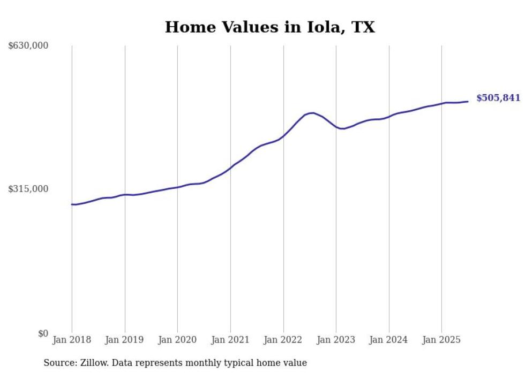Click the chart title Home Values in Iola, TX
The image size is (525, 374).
tap(269, 27)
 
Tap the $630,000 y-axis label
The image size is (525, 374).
tap(28, 46)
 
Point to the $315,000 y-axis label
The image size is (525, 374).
tap(28, 189)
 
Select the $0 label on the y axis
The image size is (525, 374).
tap(43, 333)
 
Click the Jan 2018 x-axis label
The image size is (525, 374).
tap(72, 340)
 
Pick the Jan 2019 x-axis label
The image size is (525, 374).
tap(125, 340)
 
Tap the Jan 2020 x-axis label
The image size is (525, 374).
tap(177, 340)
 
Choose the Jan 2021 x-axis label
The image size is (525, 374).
tap(230, 340)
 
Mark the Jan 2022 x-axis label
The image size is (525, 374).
tap(283, 340)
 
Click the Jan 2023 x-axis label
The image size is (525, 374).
tap(336, 340)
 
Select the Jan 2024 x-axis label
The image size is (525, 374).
tap(389, 340)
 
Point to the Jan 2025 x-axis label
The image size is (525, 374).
tap(441, 340)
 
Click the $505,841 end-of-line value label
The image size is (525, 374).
tap(498, 98)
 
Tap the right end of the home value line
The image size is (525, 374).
tap(468, 101)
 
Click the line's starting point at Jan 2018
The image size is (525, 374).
tap(72, 204)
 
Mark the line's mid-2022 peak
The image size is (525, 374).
tap(312, 113)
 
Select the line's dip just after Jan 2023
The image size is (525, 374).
tap(342, 128)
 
